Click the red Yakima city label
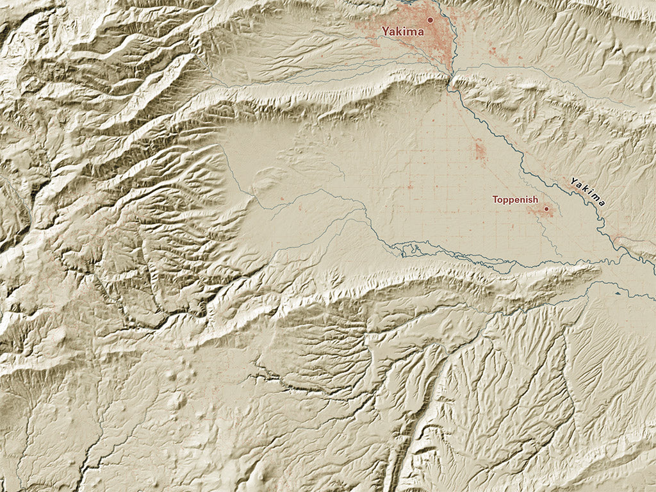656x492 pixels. click(x=402, y=31)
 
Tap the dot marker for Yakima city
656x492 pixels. click(x=430, y=20)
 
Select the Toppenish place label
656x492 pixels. click(x=515, y=200)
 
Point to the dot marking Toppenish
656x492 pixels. click(x=546, y=208)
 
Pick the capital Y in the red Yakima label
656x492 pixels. click(x=386, y=31)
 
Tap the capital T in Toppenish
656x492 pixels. click(x=495, y=200)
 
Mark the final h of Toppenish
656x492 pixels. click(x=536, y=200)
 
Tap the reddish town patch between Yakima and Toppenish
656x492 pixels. click(x=480, y=151)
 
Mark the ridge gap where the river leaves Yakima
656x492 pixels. click(x=450, y=78)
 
